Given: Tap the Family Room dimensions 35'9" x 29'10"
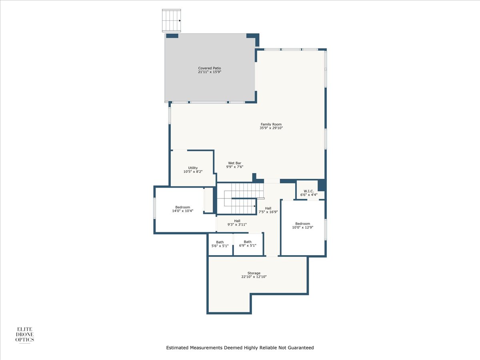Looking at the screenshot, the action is click(x=271, y=128).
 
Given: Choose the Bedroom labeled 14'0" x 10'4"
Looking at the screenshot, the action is click(x=182, y=209).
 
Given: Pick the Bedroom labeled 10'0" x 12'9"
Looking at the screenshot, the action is click(x=303, y=226).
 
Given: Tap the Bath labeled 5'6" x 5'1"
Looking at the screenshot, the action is click(x=220, y=244).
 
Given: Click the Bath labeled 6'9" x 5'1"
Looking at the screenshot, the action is click(x=248, y=244).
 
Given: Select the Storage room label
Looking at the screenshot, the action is click(x=254, y=275).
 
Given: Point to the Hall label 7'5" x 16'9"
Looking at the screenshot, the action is click(x=268, y=210).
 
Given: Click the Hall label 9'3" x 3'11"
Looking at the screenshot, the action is click(x=237, y=223).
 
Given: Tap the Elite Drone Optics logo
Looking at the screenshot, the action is click(x=24, y=334).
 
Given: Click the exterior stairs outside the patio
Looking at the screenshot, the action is click(x=172, y=21).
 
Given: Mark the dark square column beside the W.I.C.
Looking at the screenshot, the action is click(x=321, y=185).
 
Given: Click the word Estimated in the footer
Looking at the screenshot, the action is click(x=177, y=348).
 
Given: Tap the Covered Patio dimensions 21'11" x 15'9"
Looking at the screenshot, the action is click(x=210, y=72).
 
